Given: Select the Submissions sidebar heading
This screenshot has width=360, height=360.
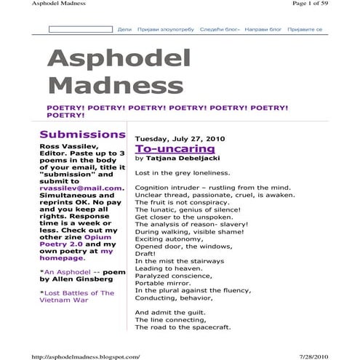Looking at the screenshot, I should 82,135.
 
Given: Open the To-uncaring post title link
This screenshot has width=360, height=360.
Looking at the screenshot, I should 164,148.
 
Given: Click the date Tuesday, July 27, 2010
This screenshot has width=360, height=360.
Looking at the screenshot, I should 180,137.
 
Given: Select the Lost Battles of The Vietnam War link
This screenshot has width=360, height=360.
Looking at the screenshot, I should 76,297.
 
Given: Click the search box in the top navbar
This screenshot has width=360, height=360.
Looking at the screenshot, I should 81,30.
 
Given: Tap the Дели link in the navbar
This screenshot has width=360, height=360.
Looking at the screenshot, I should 124,30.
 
